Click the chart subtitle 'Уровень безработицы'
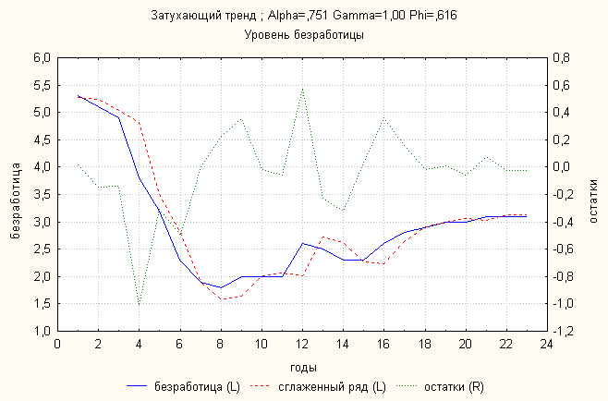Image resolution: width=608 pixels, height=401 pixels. [x=303, y=35]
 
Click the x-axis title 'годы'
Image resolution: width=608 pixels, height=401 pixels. [x=303, y=366]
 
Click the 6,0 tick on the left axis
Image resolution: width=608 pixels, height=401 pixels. [x=42, y=57]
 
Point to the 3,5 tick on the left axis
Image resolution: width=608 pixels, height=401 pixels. [x=42, y=194]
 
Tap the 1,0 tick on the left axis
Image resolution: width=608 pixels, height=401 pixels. [x=42, y=331]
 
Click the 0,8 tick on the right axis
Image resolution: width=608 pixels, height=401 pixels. [x=562, y=57]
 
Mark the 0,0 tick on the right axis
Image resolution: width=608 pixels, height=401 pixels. [x=562, y=167]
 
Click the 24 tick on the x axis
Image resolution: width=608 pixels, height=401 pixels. [x=548, y=343]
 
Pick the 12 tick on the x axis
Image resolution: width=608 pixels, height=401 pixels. [x=303, y=343]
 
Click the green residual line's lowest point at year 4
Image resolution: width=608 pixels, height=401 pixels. [x=139, y=305]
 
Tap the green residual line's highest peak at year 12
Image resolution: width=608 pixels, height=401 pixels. [x=303, y=89]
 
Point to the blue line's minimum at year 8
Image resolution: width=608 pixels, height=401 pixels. [x=221, y=287]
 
